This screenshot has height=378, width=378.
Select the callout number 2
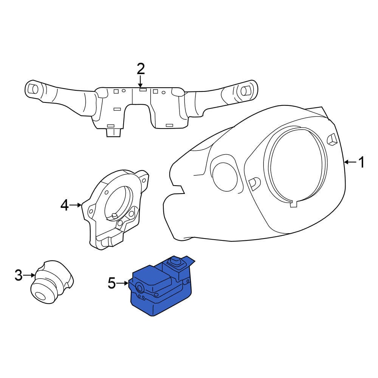coord(141,69)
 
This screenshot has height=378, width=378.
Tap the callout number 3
coord(19,275)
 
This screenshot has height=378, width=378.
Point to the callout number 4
coord(64,206)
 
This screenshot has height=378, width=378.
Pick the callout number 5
coord(112,283)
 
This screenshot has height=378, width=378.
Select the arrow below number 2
coord(140,81)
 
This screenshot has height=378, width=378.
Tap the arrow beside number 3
coord(29,275)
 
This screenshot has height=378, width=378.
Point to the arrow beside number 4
coord(76,205)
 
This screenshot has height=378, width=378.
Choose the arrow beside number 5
coord(122,283)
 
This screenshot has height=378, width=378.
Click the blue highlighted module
coord(161,287)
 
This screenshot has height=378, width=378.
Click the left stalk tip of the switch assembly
coord(32,90)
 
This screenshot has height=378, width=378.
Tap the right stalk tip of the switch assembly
coord(248,90)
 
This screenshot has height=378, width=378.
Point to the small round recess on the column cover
coord(224,175)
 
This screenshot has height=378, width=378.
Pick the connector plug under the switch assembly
coord(113,133)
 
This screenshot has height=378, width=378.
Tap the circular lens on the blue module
coord(139,288)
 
